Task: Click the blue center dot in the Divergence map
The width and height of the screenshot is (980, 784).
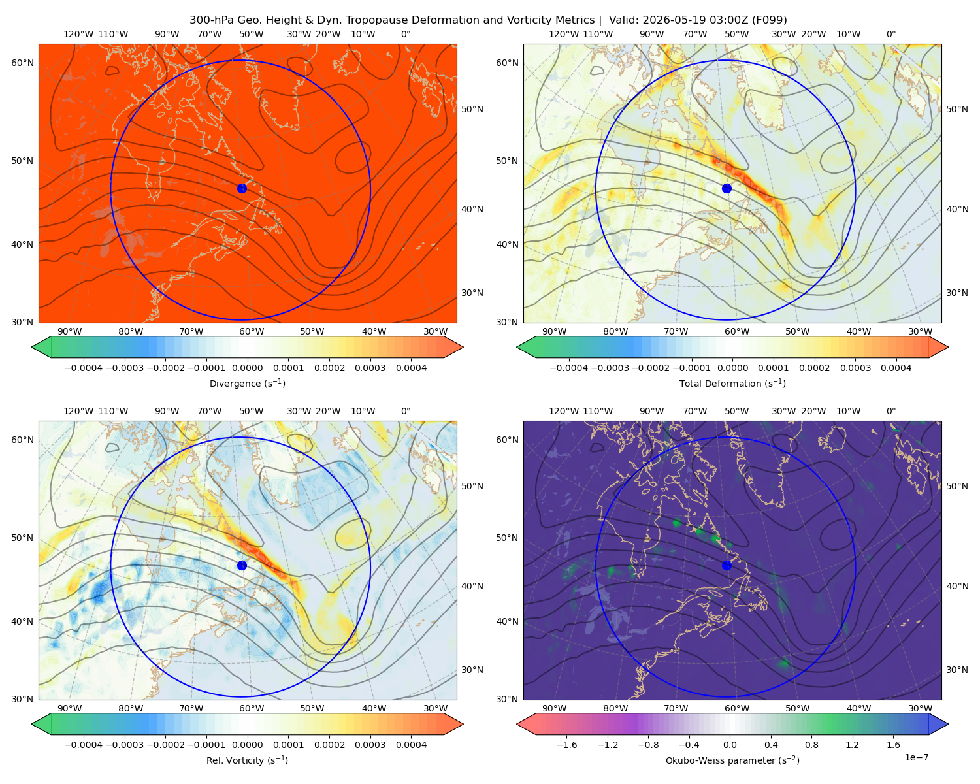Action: point(242,188)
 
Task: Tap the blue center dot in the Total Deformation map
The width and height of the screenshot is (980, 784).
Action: point(727,188)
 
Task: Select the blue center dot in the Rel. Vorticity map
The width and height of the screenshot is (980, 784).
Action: point(242,565)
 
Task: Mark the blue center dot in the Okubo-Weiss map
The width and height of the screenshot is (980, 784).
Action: point(727,565)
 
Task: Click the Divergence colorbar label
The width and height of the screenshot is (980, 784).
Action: point(247,383)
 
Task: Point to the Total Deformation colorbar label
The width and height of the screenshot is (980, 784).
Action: point(732,383)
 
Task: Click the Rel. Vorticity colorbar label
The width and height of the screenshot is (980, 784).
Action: point(247,760)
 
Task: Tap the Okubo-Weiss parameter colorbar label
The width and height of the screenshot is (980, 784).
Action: point(732,760)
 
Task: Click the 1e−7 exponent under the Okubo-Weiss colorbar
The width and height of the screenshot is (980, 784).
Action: point(916,757)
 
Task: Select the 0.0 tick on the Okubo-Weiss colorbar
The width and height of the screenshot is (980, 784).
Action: point(730,744)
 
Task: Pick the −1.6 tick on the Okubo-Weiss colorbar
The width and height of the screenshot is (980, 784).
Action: point(566,744)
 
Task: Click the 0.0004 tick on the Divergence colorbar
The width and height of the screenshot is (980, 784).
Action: point(411,368)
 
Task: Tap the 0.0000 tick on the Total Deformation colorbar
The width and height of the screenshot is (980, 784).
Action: point(733,368)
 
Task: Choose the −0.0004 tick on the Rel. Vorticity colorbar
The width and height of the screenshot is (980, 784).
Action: point(84,744)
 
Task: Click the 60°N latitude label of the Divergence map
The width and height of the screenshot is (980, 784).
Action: point(22,63)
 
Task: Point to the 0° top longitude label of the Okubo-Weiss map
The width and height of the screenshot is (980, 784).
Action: point(890,411)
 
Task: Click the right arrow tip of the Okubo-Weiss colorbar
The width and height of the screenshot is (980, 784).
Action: point(948,723)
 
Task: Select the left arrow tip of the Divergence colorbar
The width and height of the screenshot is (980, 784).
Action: point(31,347)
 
